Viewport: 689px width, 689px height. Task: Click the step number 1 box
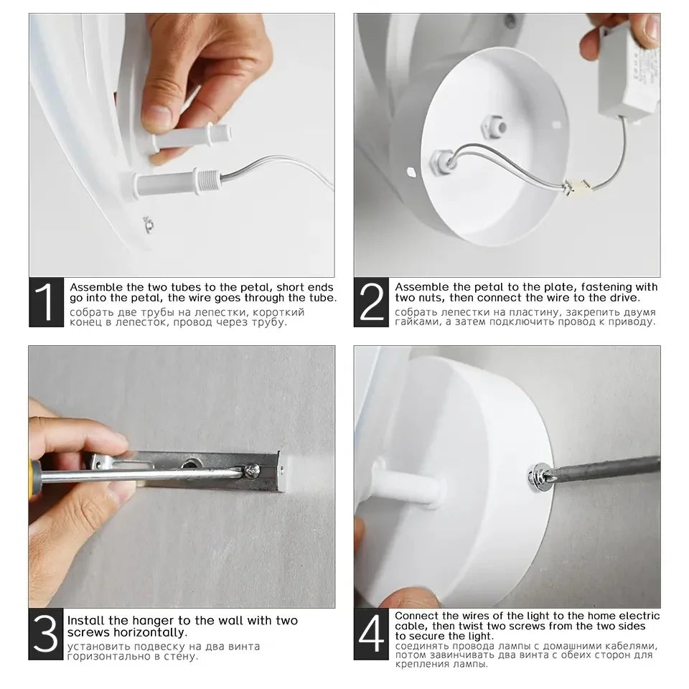pyautogui.click(x=46, y=302)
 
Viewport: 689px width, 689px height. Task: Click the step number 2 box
pyautogui.click(x=371, y=302)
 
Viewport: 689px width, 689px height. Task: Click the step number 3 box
pyautogui.click(x=46, y=634)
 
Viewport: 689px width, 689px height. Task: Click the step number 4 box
pyautogui.click(x=371, y=634)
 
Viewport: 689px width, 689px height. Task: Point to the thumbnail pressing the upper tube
pyautogui.click(x=157, y=115)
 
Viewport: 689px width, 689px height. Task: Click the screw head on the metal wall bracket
pyautogui.click(x=252, y=471)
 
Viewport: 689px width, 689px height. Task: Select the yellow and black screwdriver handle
pyautogui.click(x=35, y=478)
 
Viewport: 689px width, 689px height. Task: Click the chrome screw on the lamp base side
pyautogui.click(x=540, y=477)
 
